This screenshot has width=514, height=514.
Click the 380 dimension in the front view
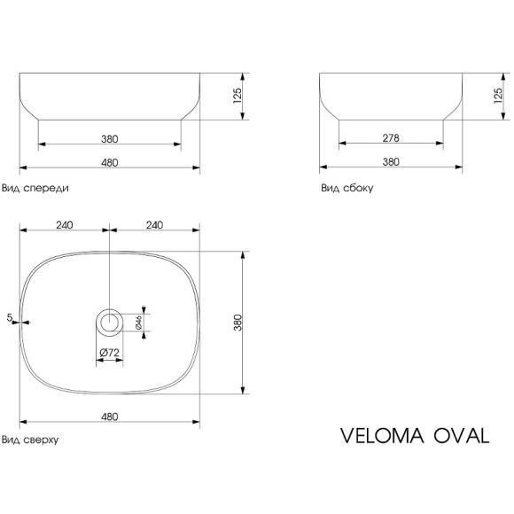[x=110, y=138]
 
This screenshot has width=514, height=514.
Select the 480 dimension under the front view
[x=110, y=161]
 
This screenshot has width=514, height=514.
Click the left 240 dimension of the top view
[x=64, y=225]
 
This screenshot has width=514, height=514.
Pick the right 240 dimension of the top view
[x=153, y=225]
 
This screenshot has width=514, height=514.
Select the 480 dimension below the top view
[x=110, y=416]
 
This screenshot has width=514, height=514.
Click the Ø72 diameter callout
[x=110, y=353]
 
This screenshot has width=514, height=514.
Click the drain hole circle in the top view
[x=110, y=323]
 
